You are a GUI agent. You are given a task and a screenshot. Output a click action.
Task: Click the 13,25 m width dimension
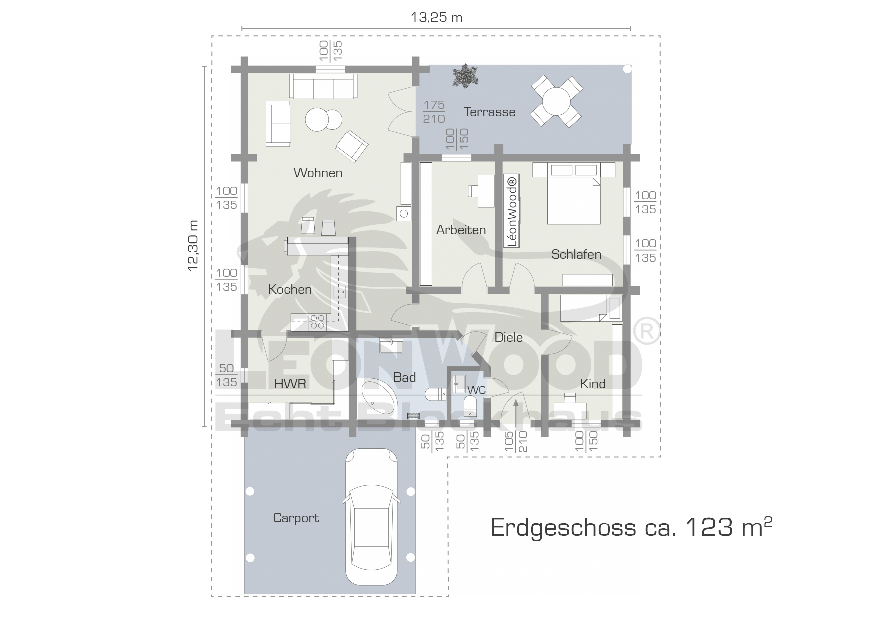436,18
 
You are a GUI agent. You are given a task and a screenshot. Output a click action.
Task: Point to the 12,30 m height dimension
193,245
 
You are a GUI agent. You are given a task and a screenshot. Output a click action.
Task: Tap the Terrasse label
489,112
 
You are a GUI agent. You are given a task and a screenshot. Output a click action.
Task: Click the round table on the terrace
556,101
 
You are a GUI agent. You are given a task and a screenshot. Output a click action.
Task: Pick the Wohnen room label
318,173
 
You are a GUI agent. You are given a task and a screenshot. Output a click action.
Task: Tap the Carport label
296,518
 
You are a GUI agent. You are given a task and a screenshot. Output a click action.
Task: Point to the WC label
477,390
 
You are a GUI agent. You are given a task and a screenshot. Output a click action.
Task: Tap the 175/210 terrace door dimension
434,112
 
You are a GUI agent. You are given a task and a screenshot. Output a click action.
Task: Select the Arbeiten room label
461,230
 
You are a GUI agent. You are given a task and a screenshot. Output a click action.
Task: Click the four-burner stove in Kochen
317,322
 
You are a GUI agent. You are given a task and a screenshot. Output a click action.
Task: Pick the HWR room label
290,383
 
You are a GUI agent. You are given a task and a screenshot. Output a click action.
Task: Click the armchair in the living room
352,146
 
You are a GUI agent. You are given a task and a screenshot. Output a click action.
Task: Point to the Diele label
508,337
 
